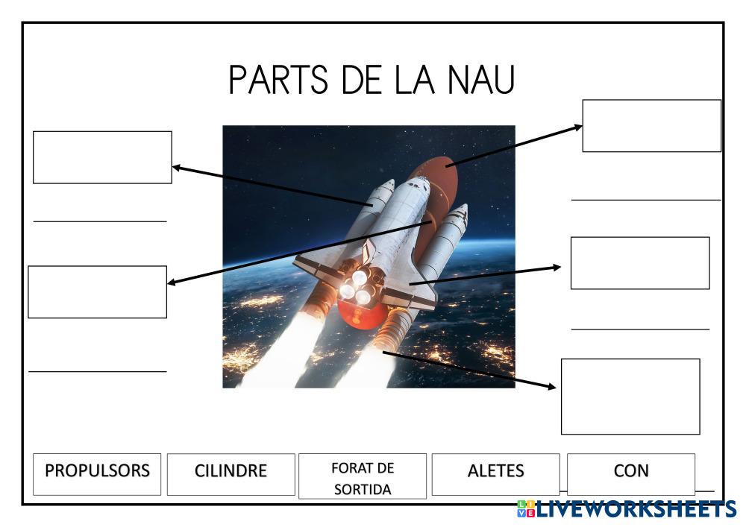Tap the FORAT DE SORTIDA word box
click(363, 478)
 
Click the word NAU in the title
click(482, 81)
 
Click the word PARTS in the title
click(277, 81)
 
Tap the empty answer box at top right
click(651, 125)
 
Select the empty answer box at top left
click(102, 157)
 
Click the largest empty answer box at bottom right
click(630, 396)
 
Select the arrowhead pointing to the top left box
click(177, 168)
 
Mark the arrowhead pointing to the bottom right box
click(551, 386)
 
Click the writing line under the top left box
click(100, 221)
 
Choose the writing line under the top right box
click(646, 200)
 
